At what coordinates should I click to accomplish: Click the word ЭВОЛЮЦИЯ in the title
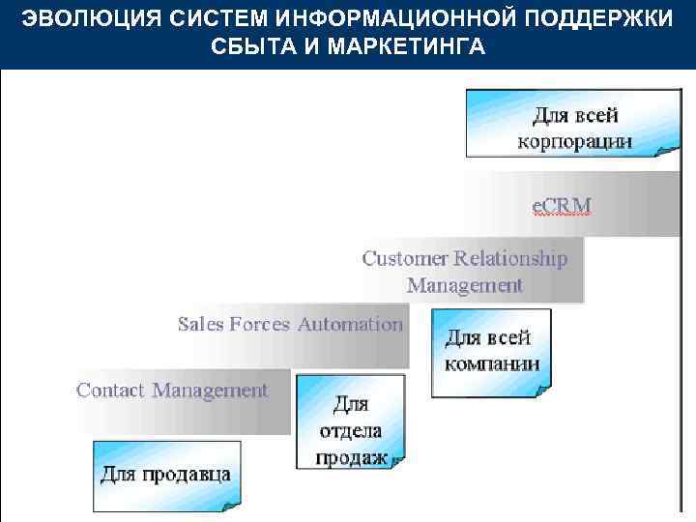click(x=77, y=19)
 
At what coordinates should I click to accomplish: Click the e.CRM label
click(x=563, y=205)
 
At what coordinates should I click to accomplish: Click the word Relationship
click(x=510, y=258)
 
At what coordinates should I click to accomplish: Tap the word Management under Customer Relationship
click(x=465, y=285)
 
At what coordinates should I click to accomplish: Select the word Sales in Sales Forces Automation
click(x=200, y=324)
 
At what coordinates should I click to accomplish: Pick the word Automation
click(x=350, y=324)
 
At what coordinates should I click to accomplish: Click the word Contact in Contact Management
click(x=110, y=391)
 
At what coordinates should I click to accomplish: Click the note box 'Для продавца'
click(x=166, y=475)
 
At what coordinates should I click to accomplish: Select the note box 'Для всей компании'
click(x=491, y=352)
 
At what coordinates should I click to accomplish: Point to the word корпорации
click(x=575, y=141)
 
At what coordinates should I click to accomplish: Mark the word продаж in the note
click(x=351, y=457)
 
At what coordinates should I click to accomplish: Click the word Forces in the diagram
click(x=261, y=324)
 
